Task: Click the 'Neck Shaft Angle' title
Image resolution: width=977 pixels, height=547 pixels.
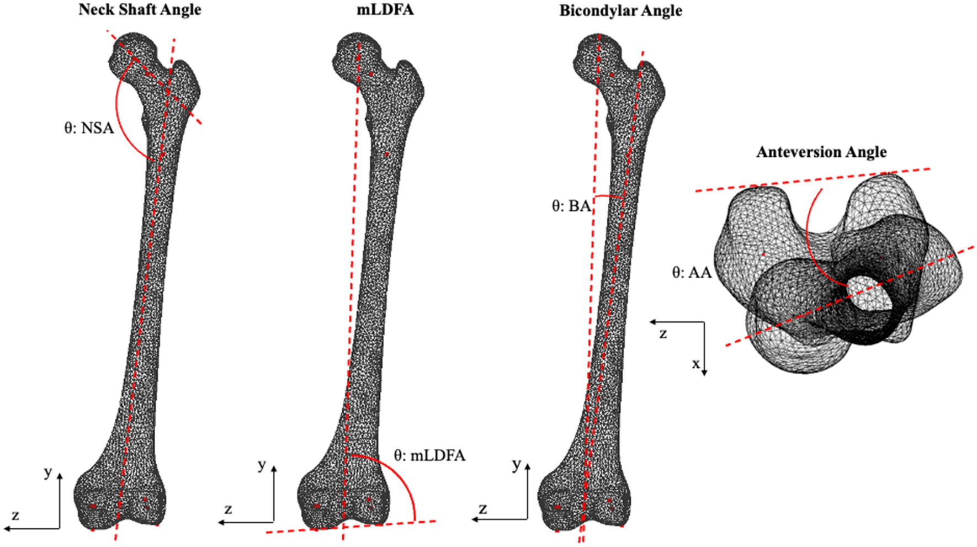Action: [x=140, y=10]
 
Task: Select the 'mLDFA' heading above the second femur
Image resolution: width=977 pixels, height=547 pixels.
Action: [x=385, y=10]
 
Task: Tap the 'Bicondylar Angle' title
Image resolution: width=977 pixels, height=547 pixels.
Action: [x=620, y=11]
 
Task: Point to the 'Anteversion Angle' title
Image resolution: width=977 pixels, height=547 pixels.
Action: [x=821, y=152]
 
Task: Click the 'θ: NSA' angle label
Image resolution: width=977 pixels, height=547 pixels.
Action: [x=89, y=129]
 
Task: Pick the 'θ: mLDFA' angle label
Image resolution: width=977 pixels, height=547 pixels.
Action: [x=429, y=456]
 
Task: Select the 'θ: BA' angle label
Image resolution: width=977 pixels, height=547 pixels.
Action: [x=571, y=206]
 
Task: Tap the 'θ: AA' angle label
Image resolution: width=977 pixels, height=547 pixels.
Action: [x=692, y=273]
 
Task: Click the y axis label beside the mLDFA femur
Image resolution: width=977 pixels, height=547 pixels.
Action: [x=262, y=465]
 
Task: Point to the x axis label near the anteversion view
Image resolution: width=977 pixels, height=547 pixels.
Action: [x=696, y=364]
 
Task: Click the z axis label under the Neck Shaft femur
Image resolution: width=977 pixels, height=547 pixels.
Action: [x=15, y=516]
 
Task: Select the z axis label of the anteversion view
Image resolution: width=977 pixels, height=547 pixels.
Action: [x=663, y=333]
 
